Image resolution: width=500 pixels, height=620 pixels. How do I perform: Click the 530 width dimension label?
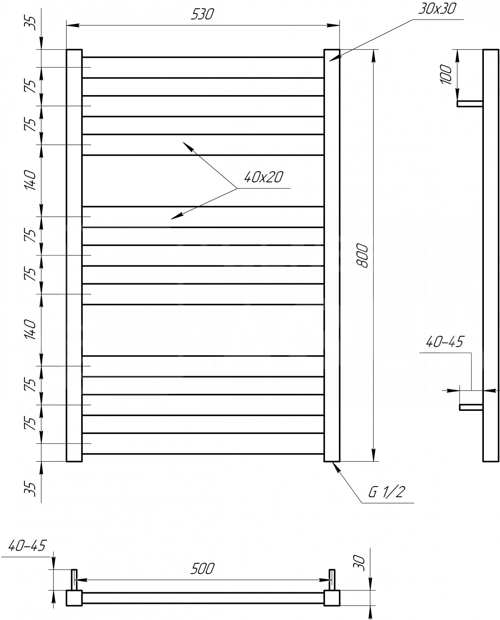click(x=202, y=14)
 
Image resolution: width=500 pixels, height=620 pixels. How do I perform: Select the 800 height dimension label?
click(x=362, y=255)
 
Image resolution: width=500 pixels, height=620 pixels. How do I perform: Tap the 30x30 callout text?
click(x=437, y=8)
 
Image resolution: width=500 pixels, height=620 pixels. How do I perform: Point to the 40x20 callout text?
click(x=263, y=177)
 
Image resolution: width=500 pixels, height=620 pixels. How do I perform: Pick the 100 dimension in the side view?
click(x=446, y=74)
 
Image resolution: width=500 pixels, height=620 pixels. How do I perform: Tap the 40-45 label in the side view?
click(x=444, y=342)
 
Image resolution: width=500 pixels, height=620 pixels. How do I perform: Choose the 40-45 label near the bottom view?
click(x=27, y=545)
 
